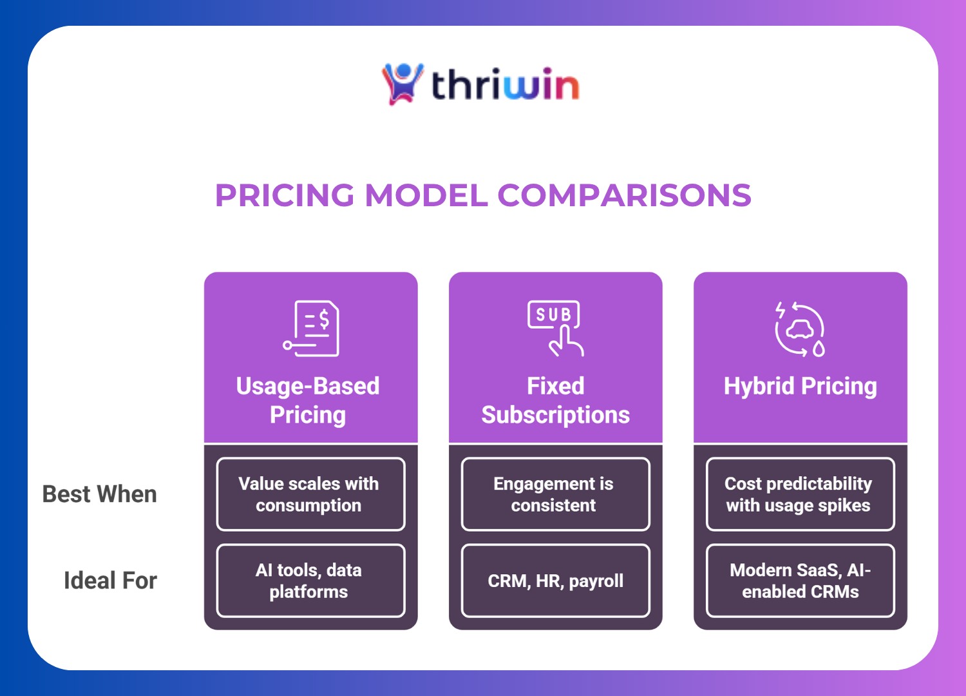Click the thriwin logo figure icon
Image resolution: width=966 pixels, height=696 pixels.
(402, 84)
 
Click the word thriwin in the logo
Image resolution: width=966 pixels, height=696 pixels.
(505, 85)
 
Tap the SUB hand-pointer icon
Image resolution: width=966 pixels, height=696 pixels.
(556, 328)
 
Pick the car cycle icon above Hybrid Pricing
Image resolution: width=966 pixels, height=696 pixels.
(800, 329)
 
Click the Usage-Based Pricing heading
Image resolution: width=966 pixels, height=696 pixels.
(308, 400)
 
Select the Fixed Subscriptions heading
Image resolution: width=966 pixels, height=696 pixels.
(555, 400)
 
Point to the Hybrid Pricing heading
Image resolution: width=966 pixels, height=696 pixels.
(800, 386)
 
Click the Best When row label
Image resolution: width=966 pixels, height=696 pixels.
(100, 494)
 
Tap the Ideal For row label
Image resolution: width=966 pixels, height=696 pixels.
(110, 581)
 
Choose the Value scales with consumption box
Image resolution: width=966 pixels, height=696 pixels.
(310, 494)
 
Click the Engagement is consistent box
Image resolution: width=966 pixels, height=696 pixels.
(555, 494)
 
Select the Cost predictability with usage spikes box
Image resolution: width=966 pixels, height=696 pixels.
(800, 494)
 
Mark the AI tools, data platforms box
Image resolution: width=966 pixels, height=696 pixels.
(310, 581)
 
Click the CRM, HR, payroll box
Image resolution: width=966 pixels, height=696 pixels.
(555, 581)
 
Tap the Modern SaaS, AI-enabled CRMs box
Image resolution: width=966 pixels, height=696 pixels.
(800, 581)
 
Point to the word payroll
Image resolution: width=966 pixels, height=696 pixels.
(596, 581)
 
